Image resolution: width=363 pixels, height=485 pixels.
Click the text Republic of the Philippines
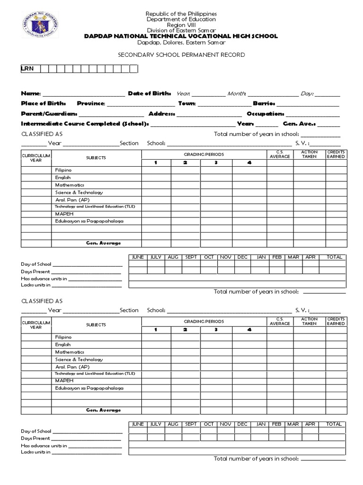point(181,14)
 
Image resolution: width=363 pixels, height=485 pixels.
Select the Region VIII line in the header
point(181,25)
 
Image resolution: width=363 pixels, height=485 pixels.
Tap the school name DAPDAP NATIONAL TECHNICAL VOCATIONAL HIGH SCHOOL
point(181,36)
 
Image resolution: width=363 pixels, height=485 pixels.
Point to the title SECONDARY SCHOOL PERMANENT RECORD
point(181,55)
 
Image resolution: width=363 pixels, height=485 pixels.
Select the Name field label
point(31,94)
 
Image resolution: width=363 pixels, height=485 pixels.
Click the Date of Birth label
point(151,94)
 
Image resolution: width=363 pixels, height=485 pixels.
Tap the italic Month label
point(236,94)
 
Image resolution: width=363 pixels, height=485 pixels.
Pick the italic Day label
point(307,94)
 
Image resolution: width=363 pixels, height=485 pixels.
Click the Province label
point(91,103)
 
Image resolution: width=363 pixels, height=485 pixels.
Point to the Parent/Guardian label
point(49,114)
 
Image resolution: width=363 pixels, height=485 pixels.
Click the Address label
point(162,114)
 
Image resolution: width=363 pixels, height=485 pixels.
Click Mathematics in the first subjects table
point(69,185)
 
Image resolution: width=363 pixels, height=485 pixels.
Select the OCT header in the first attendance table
point(208,257)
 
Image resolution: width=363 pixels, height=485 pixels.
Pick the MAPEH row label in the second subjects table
point(64,380)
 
